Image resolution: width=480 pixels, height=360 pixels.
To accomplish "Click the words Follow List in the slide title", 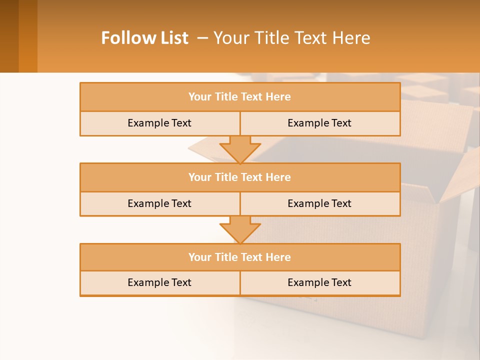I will pyautogui.click(x=144, y=38).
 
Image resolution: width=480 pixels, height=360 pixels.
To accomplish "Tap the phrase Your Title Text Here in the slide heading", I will pyautogui.click(x=291, y=38).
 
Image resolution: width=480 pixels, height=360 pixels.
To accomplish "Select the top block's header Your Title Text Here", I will pyautogui.click(x=239, y=97).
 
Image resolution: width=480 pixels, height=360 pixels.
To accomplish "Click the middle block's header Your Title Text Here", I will pyautogui.click(x=239, y=177).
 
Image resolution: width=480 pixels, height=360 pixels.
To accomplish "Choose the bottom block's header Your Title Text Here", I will pyautogui.click(x=239, y=257).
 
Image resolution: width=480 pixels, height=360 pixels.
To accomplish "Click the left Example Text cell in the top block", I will pyautogui.click(x=159, y=123).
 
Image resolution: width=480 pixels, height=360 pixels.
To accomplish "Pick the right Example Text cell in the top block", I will pyautogui.click(x=319, y=123).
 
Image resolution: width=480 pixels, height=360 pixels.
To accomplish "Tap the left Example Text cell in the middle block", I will pyautogui.click(x=159, y=203).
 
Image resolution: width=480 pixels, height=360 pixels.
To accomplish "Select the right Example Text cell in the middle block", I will pyautogui.click(x=319, y=203).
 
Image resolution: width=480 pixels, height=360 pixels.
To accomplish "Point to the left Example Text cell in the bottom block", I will pyautogui.click(x=159, y=282).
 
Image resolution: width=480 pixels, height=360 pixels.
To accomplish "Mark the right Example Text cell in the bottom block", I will pyautogui.click(x=319, y=282).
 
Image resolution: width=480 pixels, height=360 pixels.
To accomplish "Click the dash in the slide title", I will pyautogui.click(x=202, y=38).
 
